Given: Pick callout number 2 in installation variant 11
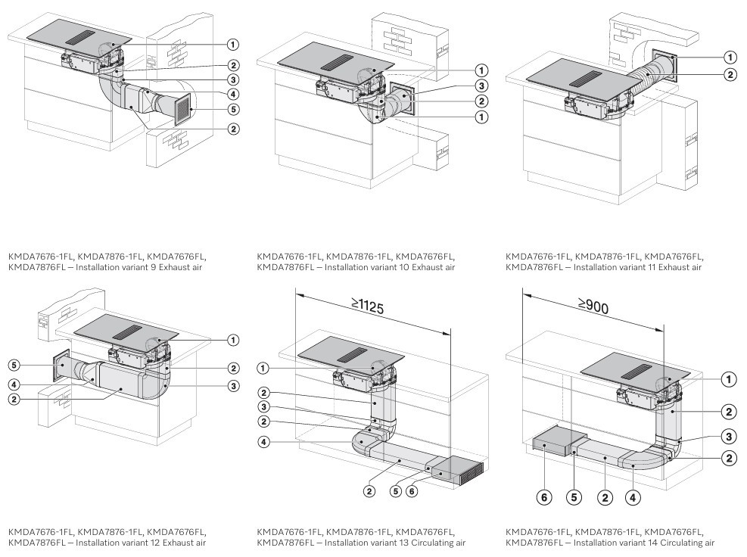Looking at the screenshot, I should [x=730, y=74].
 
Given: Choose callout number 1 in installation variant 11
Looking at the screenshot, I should [x=730, y=57].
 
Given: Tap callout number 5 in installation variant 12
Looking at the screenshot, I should [x=14, y=364].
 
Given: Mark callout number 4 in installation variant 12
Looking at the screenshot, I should [x=14, y=383].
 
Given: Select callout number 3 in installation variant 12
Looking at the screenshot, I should [x=233, y=386].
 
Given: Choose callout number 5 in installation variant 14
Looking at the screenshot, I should [x=574, y=497].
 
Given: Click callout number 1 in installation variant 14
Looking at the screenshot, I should [x=729, y=379].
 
